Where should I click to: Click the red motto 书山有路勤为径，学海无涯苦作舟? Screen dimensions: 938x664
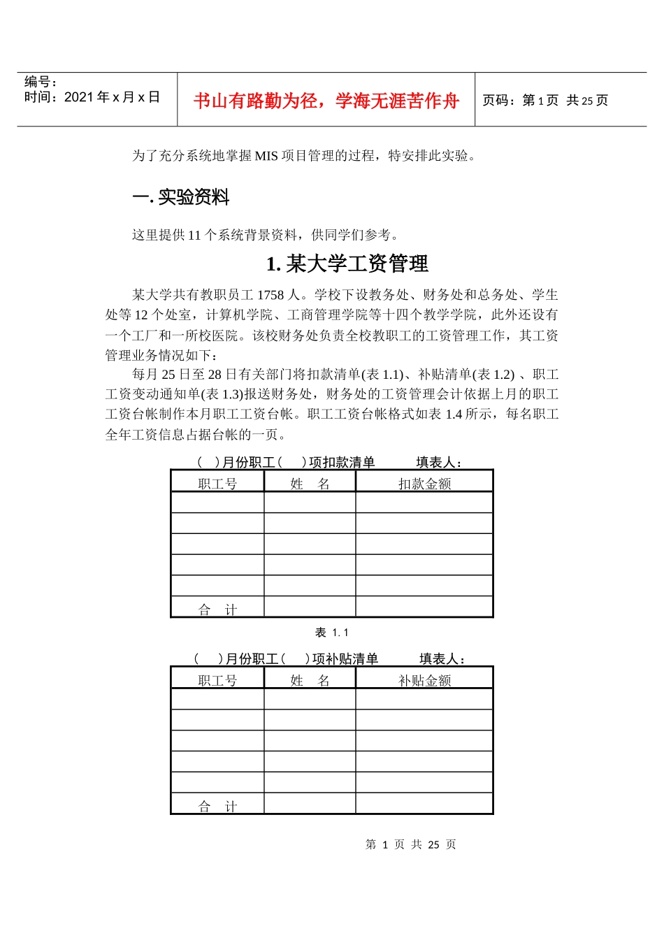coord(326,101)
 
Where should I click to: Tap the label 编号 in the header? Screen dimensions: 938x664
coord(41,82)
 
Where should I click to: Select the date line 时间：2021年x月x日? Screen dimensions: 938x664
coord(92,97)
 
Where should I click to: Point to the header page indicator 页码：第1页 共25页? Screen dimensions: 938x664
coord(545,101)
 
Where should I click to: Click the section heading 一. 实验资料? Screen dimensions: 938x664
coord(181,198)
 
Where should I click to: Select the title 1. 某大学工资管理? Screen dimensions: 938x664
coord(347,264)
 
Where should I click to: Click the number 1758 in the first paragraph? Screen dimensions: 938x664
coord(270,295)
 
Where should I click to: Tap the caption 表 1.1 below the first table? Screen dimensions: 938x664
coord(331,633)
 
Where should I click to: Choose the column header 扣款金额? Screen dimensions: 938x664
coord(424,484)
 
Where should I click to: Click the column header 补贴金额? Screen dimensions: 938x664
coord(424,680)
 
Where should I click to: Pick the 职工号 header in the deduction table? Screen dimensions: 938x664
coord(217,484)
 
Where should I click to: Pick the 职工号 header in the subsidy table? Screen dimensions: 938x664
coord(217,680)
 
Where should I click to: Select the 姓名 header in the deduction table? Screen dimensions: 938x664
coord(310,484)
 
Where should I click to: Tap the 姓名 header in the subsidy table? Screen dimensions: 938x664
coord(310,680)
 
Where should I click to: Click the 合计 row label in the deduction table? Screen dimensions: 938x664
coord(217,610)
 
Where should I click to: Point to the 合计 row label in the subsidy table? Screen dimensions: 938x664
coord(217,807)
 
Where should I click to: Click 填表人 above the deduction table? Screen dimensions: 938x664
coord(439,462)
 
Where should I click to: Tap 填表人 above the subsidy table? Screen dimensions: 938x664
coord(442,658)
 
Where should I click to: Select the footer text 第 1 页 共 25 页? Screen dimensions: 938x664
coord(411,844)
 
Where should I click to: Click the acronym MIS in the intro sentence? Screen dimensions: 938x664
coord(266,156)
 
